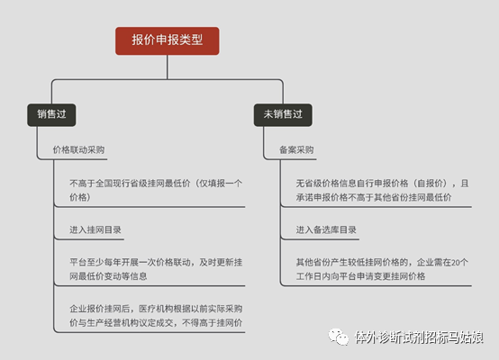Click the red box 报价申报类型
[x=167, y=40]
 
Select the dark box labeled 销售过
[x=51, y=115]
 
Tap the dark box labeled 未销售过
[x=283, y=115]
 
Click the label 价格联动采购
[x=78, y=149]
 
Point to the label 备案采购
[x=296, y=149]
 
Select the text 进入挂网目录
[x=95, y=229]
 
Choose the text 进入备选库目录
[x=326, y=229]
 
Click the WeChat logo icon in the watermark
[x=339, y=337]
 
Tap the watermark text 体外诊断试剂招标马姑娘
[x=419, y=337]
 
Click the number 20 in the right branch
[x=456, y=263]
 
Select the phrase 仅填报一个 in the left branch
[x=221, y=184]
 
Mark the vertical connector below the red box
[x=168, y=67]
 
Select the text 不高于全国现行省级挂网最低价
[x=130, y=184]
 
